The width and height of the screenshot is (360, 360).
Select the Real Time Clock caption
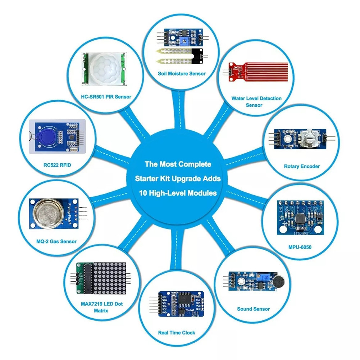coord(177,333)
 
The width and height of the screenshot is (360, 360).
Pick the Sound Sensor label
coord(253,309)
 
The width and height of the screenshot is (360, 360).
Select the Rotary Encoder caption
coord(302,167)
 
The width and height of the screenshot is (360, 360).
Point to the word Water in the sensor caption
coord(239,98)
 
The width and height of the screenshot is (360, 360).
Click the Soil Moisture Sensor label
coord(182,73)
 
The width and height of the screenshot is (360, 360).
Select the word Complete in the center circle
coord(195,164)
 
